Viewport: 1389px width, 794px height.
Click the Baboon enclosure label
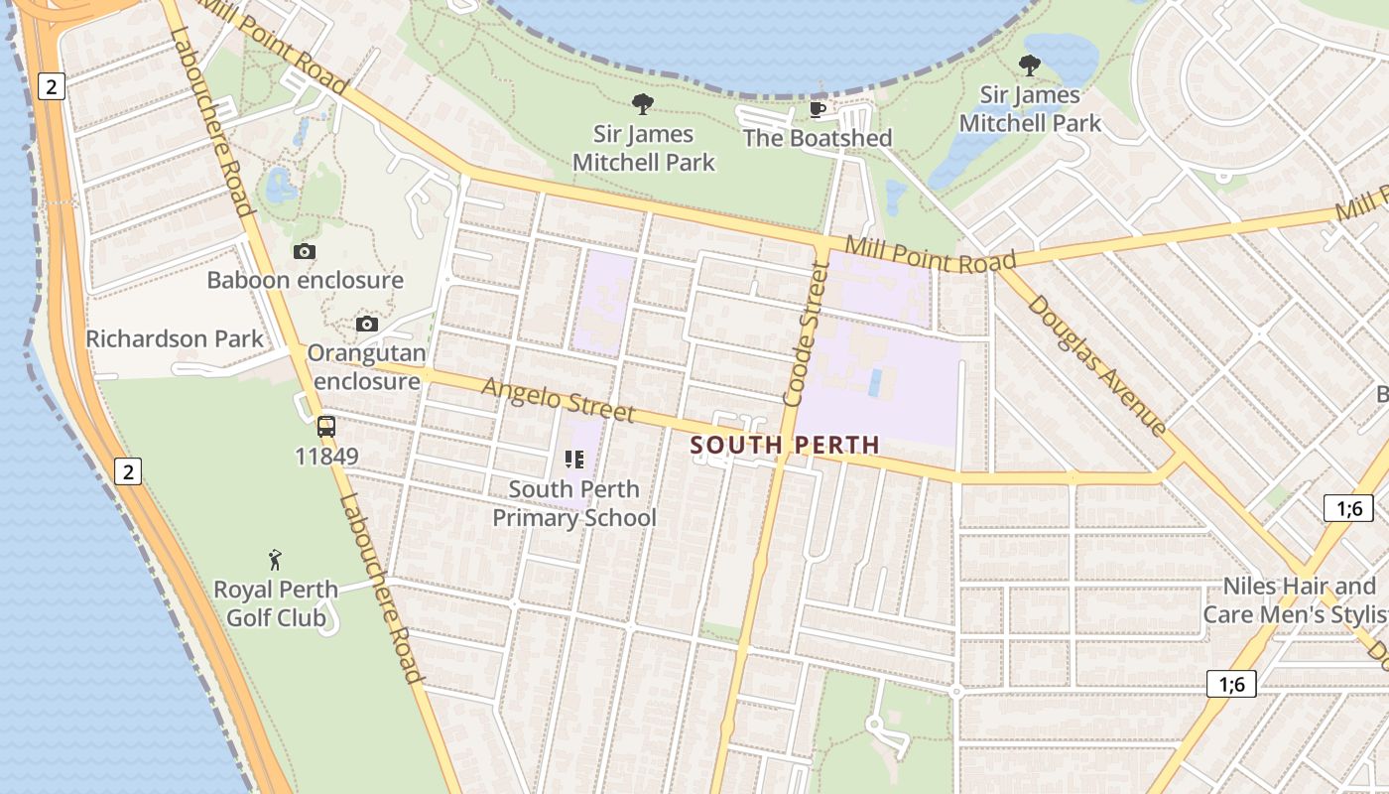point(305,280)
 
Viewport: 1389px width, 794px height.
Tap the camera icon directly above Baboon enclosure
point(305,252)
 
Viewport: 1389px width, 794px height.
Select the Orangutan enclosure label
point(366,367)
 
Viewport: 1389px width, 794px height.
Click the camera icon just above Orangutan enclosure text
point(367,325)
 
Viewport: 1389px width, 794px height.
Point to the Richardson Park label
point(175,338)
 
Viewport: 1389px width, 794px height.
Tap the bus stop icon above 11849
point(326,427)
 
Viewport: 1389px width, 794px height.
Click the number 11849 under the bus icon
point(326,457)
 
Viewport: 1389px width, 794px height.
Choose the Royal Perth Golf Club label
point(276,603)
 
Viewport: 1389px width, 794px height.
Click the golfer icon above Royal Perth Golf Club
point(276,560)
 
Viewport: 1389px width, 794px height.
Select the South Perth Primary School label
point(574,503)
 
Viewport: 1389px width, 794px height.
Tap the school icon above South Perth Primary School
point(574,459)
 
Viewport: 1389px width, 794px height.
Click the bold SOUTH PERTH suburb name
point(785,446)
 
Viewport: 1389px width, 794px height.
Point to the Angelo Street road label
point(558,399)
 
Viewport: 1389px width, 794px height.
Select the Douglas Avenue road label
point(1096,365)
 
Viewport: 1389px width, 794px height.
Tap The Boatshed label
point(818,138)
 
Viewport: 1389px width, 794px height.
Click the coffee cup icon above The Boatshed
point(818,108)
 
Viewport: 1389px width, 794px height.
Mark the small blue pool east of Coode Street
point(874,383)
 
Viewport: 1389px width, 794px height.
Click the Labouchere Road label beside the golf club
point(380,590)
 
